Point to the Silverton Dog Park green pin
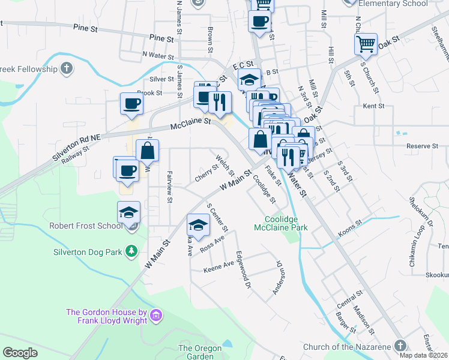coord(131,252)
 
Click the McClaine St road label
coord(191,124)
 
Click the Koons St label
coord(351,225)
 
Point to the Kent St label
coord(373,106)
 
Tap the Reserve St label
coord(423,146)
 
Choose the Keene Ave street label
coord(219,265)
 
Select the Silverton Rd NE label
coord(76,147)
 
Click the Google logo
coord(20,353)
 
